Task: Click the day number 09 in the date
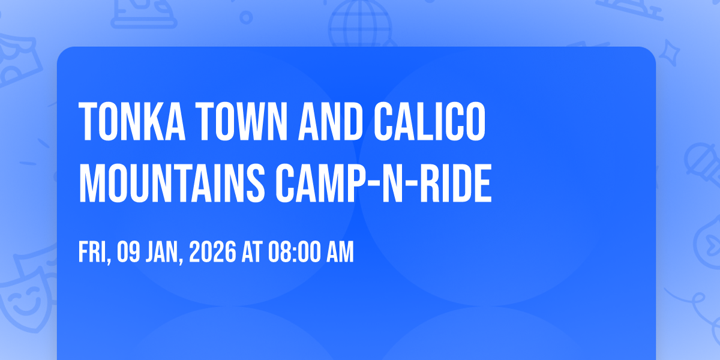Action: (129, 253)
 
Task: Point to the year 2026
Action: (211, 253)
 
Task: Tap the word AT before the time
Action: (251, 253)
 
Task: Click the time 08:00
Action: (293, 253)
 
